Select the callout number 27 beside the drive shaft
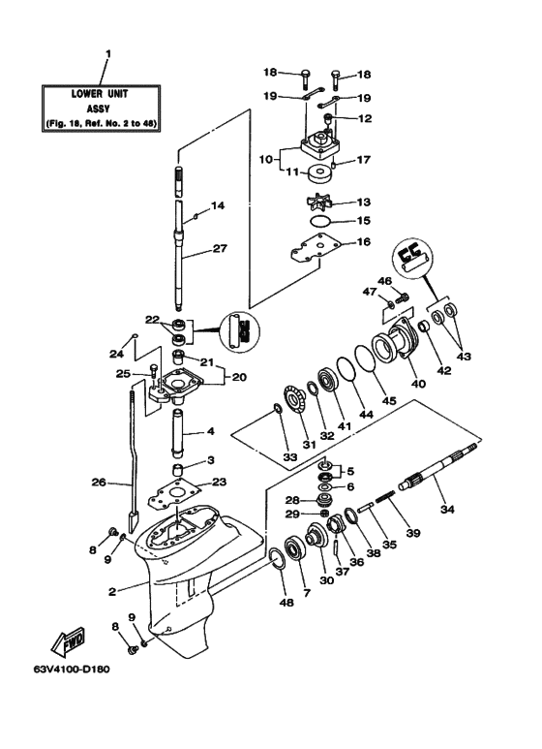pyautogui.click(x=221, y=249)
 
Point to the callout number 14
pyautogui.click(x=219, y=205)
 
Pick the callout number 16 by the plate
pyautogui.click(x=363, y=242)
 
